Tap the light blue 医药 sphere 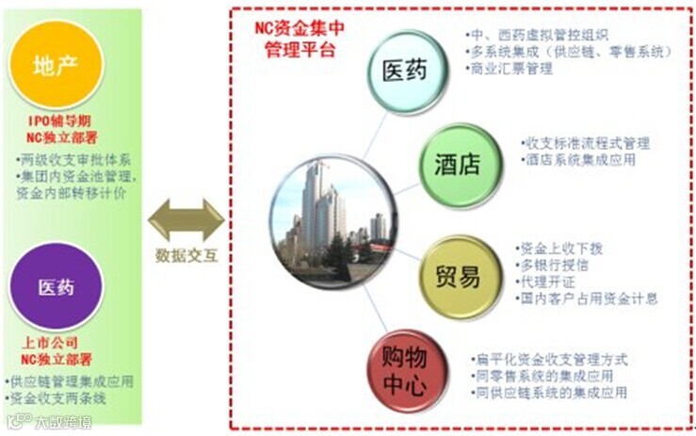click(x=406, y=71)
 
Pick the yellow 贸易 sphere click(x=458, y=277)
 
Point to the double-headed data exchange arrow click(x=186, y=220)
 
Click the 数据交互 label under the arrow click(x=186, y=256)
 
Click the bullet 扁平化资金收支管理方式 click(x=551, y=359)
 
